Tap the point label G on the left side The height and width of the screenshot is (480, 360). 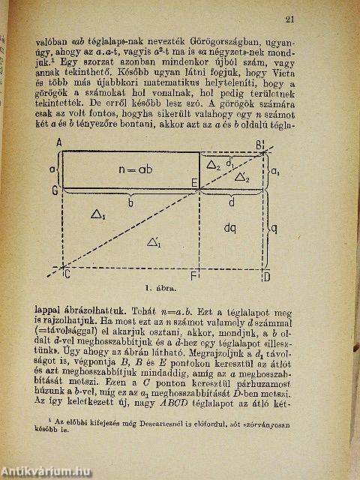click(55, 192)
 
